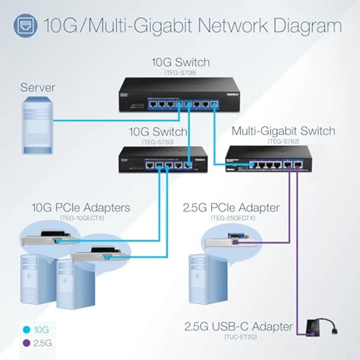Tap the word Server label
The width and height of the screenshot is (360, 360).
[x=38, y=88]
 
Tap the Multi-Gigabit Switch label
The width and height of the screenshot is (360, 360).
[x=283, y=131]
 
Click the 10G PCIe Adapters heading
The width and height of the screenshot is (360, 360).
[x=81, y=207]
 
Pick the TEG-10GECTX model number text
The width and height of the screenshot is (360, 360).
[x=80, y=217]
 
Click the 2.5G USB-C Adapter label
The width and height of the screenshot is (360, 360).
[x=239, y=326]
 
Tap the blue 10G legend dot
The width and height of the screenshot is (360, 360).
[x=26, y=330]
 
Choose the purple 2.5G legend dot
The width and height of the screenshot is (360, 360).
[x=26, y=343]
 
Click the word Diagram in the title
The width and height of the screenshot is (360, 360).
[x=300, y=25]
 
